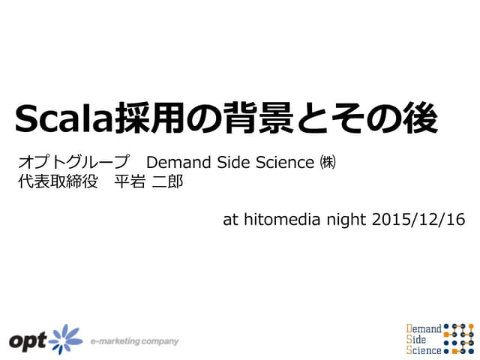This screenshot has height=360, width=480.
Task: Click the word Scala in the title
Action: [x=62, y=119]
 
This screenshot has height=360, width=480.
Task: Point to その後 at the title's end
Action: [x=386, y=119]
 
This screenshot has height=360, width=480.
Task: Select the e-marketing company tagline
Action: [x=134, y=341]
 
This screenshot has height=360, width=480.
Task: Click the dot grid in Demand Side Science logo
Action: [x=459, y=338]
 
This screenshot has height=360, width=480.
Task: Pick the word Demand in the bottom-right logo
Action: [x=424, y=328]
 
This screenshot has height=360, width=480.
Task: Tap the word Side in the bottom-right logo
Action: [x=417, y=338]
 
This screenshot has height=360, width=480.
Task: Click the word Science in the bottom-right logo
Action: [x=424, y=349]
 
